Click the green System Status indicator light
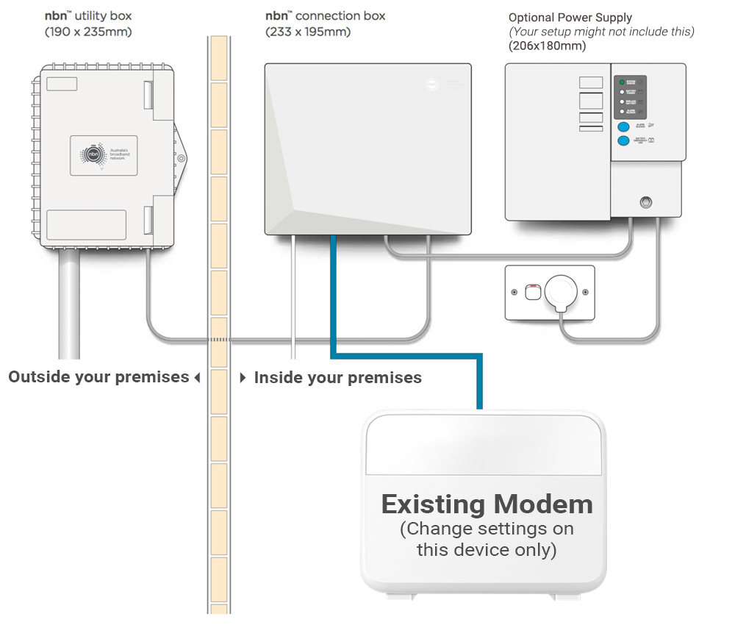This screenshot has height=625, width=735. tap(622, 82)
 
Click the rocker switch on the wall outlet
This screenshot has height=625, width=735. tap(532, 293)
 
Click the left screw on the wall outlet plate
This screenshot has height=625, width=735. tap(514, 293)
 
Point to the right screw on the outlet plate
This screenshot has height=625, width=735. tap(585, 293)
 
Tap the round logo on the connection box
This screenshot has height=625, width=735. tap(431, 85)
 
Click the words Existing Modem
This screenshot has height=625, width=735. tap(487, 504)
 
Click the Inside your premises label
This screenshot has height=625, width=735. tap(337, 378)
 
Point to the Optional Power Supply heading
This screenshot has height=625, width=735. tap(570, 18)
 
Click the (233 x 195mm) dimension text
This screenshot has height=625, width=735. tap(308, 32)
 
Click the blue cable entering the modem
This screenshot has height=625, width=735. tap(480, 382)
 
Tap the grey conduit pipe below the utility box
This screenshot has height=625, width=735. tap(68, 301)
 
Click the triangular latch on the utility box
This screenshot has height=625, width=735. tap(181, 158)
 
